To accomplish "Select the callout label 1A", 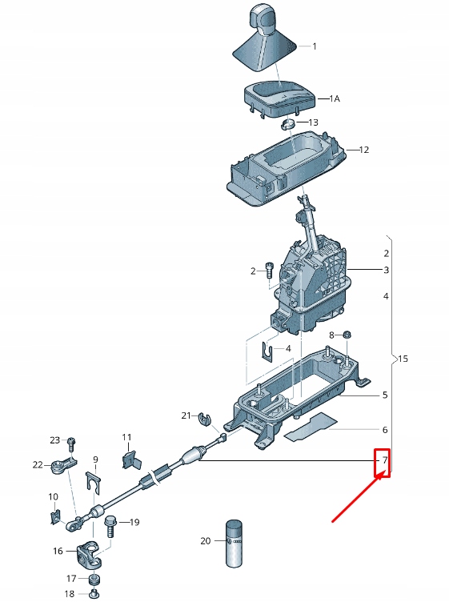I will click(335, 98).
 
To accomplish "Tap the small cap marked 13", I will click(288, 123).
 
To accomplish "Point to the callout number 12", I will click(363, 150).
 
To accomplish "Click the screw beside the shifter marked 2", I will click(270, 271).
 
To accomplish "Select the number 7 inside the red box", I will click(384, 460).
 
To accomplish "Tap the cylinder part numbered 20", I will click(234, 543).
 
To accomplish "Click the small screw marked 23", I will click(72, 442).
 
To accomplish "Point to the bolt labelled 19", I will click(111, 525).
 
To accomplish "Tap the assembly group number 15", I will click(402, 359).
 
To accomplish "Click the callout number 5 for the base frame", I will click(385, 395).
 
